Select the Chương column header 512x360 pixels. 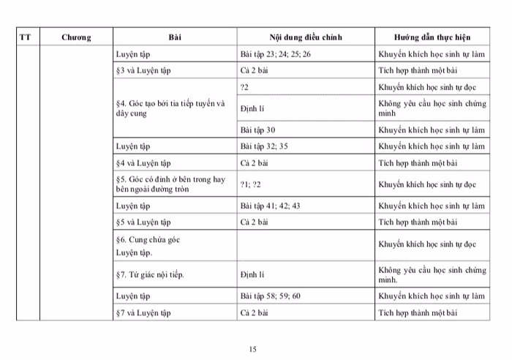(x=76, y=37)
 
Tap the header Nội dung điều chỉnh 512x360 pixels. (x=305, y=37)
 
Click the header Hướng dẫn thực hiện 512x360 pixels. (x=432, y=37)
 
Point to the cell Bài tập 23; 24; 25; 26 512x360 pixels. (x=275, y=54)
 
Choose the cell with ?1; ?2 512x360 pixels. (x=250, y=184)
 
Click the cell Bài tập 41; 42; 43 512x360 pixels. (x=270, y=206)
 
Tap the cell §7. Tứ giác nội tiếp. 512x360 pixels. (x=150, y=274)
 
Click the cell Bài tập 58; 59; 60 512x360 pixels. (x=270, y=296)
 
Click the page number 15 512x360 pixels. (x=252, y=349)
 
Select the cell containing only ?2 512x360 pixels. (x=244, y=87)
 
